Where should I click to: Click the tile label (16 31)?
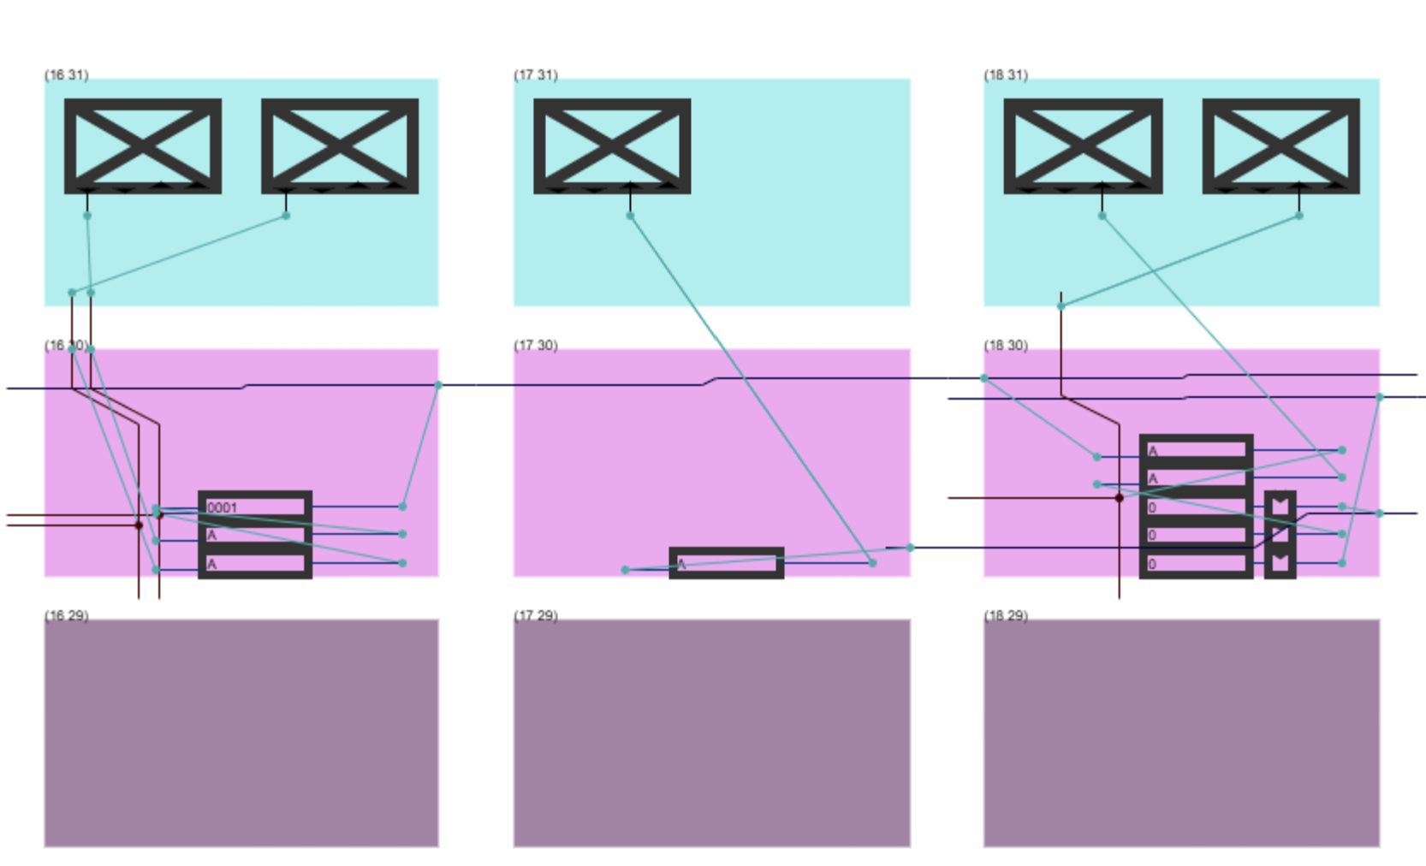pos(66,74)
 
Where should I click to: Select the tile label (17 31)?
pos(535,74)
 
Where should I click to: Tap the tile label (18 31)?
pos(1005,74)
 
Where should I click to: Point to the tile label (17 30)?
pos(535,345)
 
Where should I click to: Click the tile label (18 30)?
pos(1005,345)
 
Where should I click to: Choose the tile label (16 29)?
pos(66,615)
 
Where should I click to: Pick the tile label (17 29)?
pos(535,615)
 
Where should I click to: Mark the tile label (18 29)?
pos(1005,615)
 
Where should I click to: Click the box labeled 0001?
pos(255,507)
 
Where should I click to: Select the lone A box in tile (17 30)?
pos(726,563)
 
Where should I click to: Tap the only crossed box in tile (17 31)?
pos(612,145)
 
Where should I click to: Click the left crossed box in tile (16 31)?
pos(143,145)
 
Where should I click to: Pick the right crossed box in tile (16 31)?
pos(340,145)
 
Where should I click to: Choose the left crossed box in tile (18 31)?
pos(1083,145)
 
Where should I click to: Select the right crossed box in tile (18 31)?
pos(1280,145)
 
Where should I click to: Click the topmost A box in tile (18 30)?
pos(1196,450)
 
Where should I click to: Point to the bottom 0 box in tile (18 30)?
pos(1196,563)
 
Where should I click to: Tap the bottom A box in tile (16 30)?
pos(255,563)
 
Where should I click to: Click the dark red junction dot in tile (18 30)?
pos(1119,497)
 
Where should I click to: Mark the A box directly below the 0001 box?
pos(255,535)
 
